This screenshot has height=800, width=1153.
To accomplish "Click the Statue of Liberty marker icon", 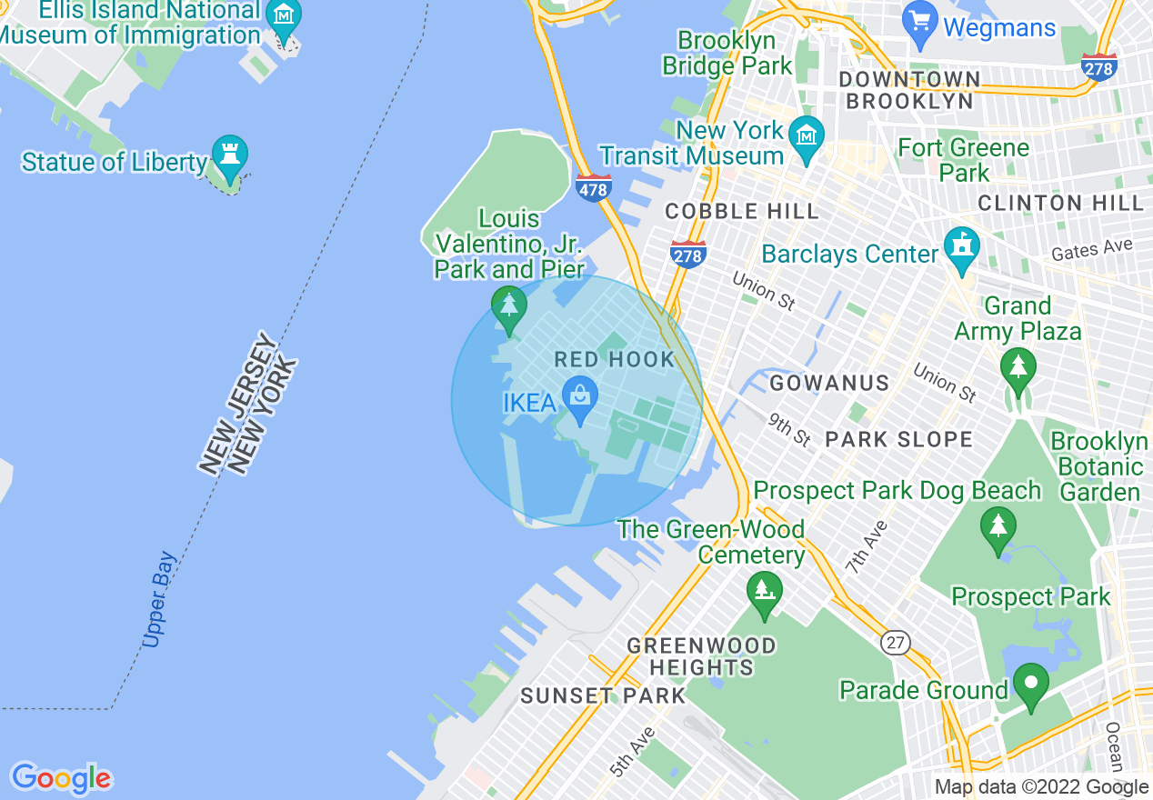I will click(229, 152).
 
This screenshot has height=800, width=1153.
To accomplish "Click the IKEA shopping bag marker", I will click(579, 395).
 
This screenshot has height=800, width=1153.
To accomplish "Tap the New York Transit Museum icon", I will click(807, 134).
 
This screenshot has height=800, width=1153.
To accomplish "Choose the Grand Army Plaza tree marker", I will click(1018, 367).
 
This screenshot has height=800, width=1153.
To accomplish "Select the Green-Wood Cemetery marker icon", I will click(764, 589).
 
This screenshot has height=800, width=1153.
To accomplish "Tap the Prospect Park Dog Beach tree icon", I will click(998, 525).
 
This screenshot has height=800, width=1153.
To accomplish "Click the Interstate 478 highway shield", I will click(592, 188).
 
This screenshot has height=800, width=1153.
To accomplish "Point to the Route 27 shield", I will click(896, 643).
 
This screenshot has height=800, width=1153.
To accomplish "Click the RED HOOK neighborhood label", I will click(615, 359).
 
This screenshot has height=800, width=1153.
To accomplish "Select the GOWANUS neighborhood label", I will click(829, 384).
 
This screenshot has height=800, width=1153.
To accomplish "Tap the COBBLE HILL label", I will click(742, 212).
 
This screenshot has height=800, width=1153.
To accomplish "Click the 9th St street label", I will click(788, 429).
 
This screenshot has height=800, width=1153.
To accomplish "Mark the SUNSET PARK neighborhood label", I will click(603, 696).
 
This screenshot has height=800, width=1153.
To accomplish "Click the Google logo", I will click(61, 779).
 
